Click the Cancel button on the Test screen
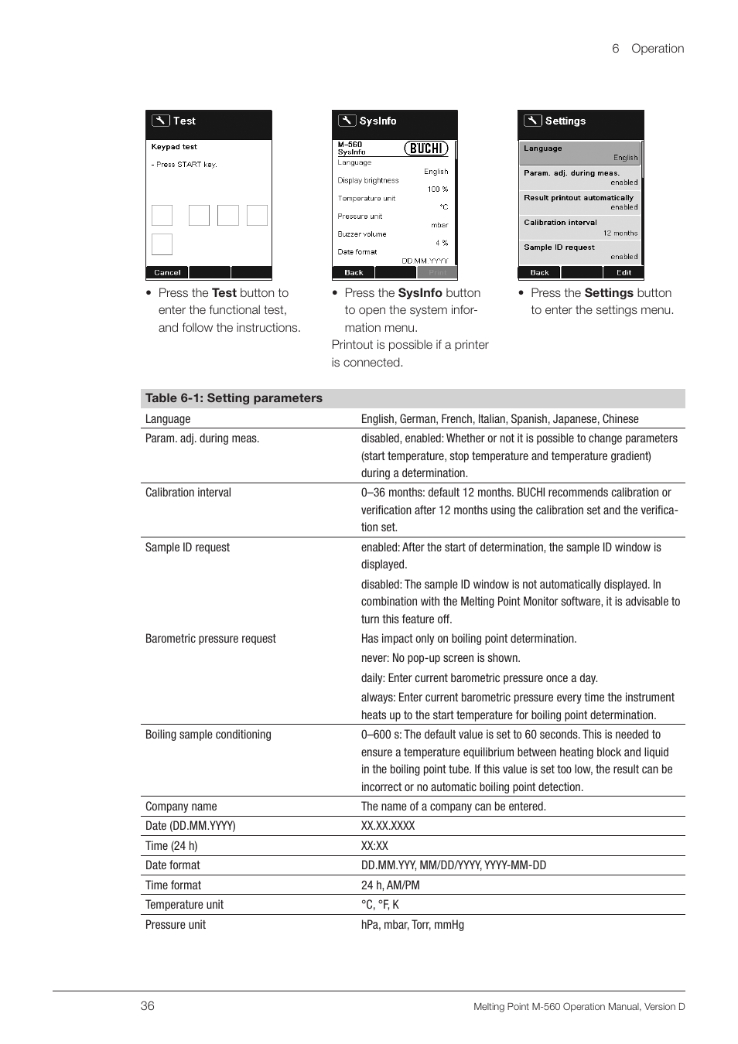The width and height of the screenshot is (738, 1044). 167,272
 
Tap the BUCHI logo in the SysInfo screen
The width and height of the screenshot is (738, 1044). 426,148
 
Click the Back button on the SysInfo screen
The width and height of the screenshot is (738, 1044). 354,272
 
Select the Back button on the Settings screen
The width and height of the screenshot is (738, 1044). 539,272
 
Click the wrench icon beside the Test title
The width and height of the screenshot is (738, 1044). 160,121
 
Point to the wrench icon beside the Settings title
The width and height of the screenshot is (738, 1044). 532,121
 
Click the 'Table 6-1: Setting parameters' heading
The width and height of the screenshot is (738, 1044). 234,398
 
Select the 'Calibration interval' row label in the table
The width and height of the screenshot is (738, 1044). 188,493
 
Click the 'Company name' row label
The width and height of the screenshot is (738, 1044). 181,807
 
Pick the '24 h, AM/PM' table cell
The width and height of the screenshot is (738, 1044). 390,885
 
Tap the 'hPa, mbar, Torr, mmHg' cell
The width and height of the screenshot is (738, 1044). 412,925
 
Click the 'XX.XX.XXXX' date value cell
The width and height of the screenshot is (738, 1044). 388,826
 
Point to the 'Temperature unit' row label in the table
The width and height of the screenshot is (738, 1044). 184,905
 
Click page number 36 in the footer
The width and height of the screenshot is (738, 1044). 148,1006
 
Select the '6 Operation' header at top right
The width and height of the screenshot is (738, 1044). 647,49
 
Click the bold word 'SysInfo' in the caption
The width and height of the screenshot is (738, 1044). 420,293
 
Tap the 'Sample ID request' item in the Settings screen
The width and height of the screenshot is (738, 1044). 559,247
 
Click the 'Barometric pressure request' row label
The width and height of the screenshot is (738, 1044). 210,639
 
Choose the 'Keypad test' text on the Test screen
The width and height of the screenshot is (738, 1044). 174,147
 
